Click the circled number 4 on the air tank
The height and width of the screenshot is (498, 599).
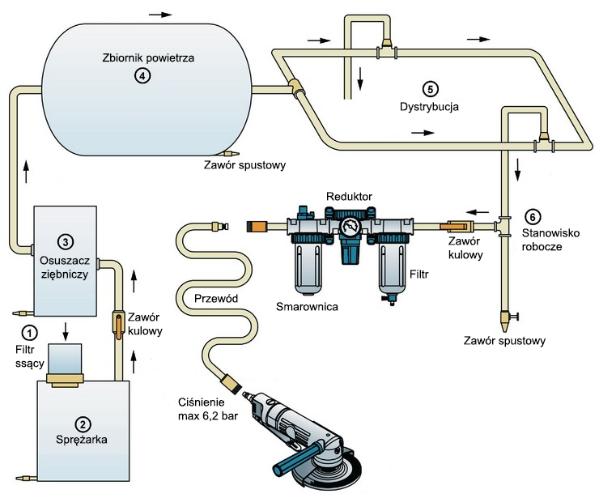(142, 75)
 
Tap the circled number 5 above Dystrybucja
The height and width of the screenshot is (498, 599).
(429, 88)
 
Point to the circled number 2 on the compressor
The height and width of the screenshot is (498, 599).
(82, 424)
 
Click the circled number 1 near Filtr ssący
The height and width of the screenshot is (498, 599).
(30, 332)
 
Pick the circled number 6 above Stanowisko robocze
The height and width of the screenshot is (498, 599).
(531, 217)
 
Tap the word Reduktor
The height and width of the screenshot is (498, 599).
(348, 197)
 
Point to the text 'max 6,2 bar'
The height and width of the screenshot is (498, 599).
(208, 416)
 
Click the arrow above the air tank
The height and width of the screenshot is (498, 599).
(161, 15)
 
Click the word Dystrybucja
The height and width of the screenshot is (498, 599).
(429, 105)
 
